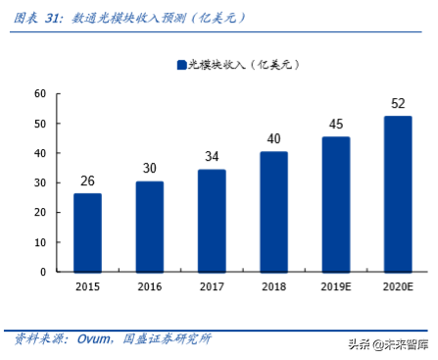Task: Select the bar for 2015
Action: (x=88, y=232)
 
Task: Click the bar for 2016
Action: (x=150, y=227)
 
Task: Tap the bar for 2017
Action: (x=212, y=221)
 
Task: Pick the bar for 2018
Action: (x=273, y=212)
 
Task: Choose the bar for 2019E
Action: (x=335, y=204)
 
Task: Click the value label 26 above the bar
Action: (x=88, y=180)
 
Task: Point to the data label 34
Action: (x=212, y=157)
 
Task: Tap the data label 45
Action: (x=335, y=124)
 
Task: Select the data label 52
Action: (x=397, y=103)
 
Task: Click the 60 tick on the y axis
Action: (x=40, y=94)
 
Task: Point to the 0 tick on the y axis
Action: (x=43, y=272)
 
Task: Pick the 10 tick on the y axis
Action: (x=40, y=242)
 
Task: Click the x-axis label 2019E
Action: (x=335, y=286)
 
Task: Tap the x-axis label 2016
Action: (x=150, y=286)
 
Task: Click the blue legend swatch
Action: (x=181, y=65)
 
